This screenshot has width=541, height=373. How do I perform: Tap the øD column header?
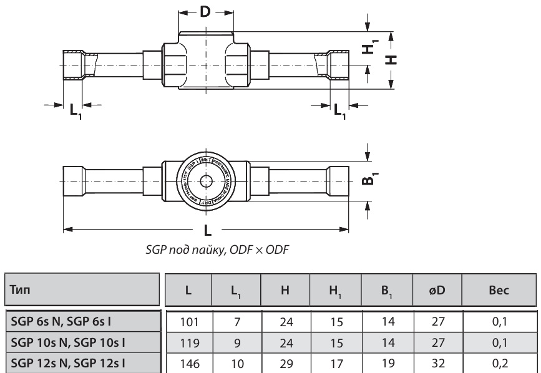coord(437,290)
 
